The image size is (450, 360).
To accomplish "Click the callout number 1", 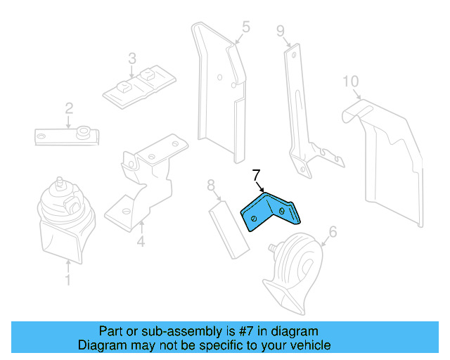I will coord(67,281).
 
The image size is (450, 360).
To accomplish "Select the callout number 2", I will coord(69,108).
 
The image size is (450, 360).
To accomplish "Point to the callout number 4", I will coord(141,243).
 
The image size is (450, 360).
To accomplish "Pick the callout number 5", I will coord(245,27).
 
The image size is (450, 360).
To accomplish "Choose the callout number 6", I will coord(333,231).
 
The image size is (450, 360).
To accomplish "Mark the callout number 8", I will coord(210,186).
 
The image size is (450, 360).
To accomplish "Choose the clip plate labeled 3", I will coord(139,88).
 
